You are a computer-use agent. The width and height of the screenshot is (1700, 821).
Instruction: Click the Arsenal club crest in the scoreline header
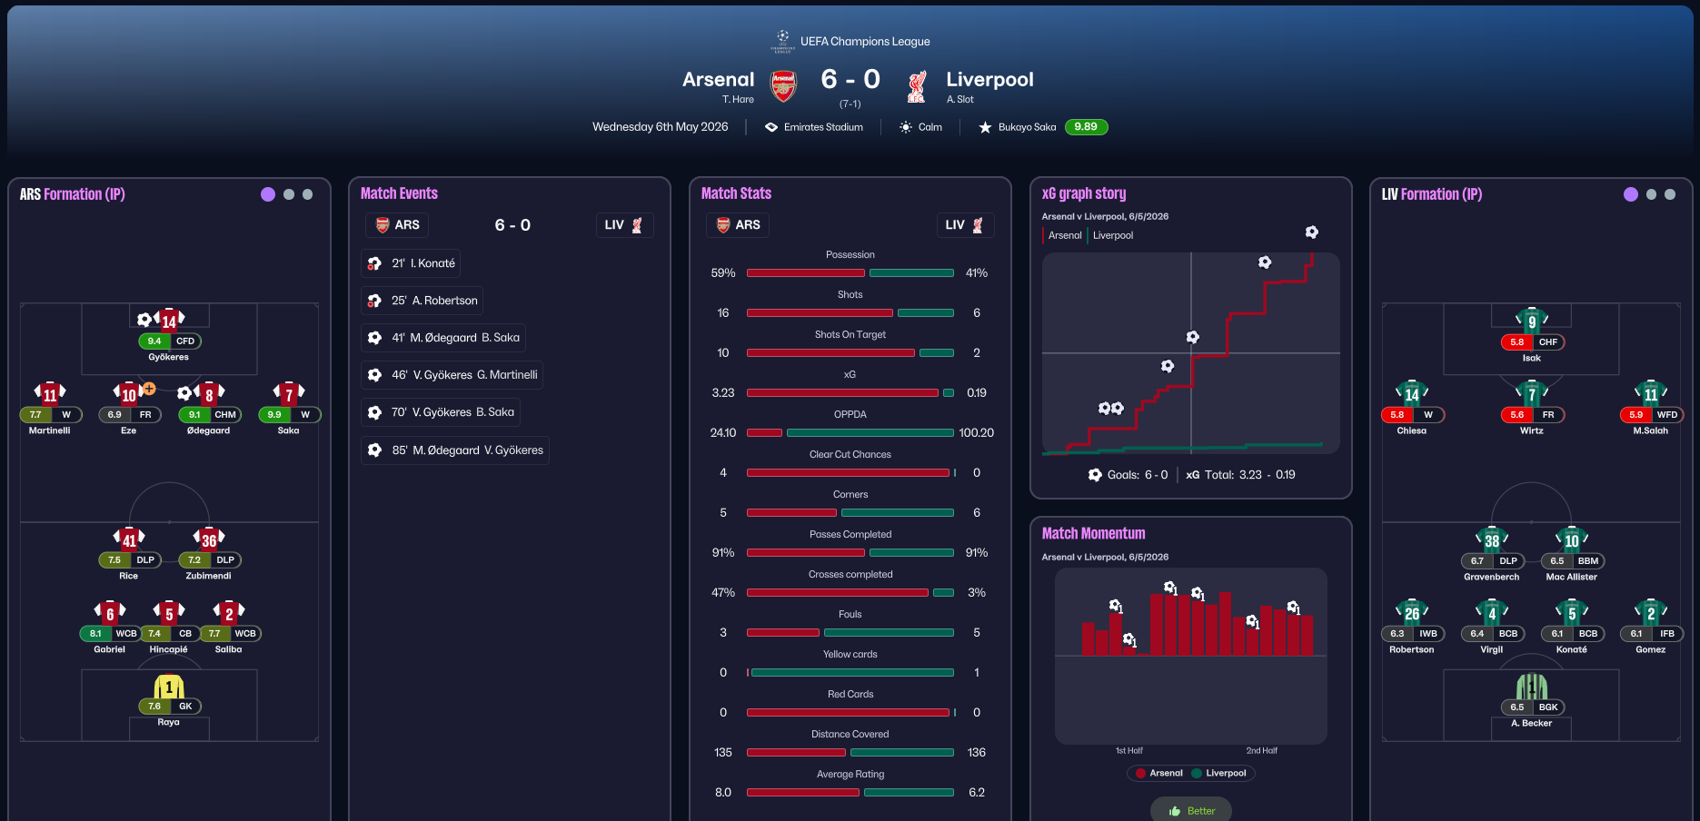click(x=783, y=86)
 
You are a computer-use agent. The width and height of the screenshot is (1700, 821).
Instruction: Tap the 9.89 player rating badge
click(x=1086, y=127)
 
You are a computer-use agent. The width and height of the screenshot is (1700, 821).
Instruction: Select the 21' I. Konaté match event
click(x=412, y=263)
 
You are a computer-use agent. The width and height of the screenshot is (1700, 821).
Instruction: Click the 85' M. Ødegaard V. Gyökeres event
click(x=455, y=450)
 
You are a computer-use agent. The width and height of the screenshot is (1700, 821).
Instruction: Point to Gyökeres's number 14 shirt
click(x=169, y=320)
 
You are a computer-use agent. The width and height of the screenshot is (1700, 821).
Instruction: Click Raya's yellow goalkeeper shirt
click(x=169, y=687)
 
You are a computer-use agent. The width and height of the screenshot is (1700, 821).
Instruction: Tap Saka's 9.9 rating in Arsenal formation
click(x=274, y=415)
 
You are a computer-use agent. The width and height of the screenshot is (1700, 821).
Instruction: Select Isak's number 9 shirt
click(x=1532, y=321)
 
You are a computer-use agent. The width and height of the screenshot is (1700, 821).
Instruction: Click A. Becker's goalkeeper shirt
click(x=1532, y=687)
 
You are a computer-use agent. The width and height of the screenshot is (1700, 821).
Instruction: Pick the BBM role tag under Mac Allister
click(x=1587, y=561)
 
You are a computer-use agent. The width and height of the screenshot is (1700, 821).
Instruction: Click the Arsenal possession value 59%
click(x=723, y=273)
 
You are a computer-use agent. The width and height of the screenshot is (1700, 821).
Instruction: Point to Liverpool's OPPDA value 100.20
click(x=976, y=433)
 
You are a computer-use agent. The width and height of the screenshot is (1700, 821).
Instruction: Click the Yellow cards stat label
click(x=850, y=655)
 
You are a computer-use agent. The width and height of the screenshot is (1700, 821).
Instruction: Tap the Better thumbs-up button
click(x=1191, y=810)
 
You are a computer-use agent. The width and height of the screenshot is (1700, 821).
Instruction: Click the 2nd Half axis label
click(x=1261, y=751)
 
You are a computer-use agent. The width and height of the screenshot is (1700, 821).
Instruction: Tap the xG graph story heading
click(x=1084, y=193)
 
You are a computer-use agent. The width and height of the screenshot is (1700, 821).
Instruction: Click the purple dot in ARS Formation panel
click(x=268, y=194)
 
